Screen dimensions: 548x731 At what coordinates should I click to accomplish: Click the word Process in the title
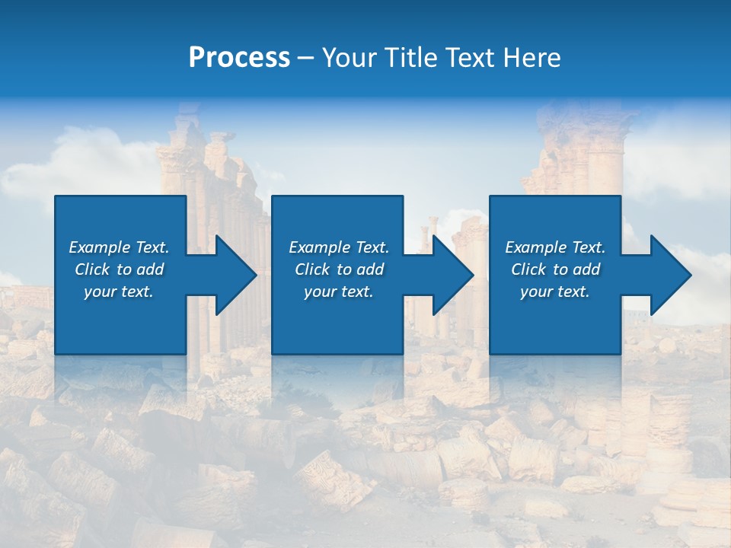point(239,58)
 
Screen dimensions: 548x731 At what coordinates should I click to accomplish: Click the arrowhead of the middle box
point(460,275)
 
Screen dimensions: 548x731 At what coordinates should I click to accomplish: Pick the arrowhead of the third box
point(678,275)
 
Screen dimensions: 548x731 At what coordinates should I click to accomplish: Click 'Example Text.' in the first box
point(119,247)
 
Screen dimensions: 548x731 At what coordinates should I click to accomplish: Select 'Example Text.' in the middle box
point(339,247)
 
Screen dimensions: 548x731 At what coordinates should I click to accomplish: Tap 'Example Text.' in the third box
point(555,247)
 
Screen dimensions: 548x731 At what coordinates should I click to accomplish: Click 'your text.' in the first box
point(119,292)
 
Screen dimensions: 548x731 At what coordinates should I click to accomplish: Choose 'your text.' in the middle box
point(339,292)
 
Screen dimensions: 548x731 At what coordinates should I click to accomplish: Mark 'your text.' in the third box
point(555,292)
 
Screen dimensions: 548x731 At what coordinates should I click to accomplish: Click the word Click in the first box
point(93,269)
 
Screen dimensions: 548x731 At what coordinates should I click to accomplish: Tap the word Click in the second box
point(313,269)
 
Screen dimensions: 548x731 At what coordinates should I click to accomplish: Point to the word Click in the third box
point(529,269)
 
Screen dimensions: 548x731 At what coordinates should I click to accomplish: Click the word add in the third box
point(586,269)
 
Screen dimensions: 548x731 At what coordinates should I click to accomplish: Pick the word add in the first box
point(150,269)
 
